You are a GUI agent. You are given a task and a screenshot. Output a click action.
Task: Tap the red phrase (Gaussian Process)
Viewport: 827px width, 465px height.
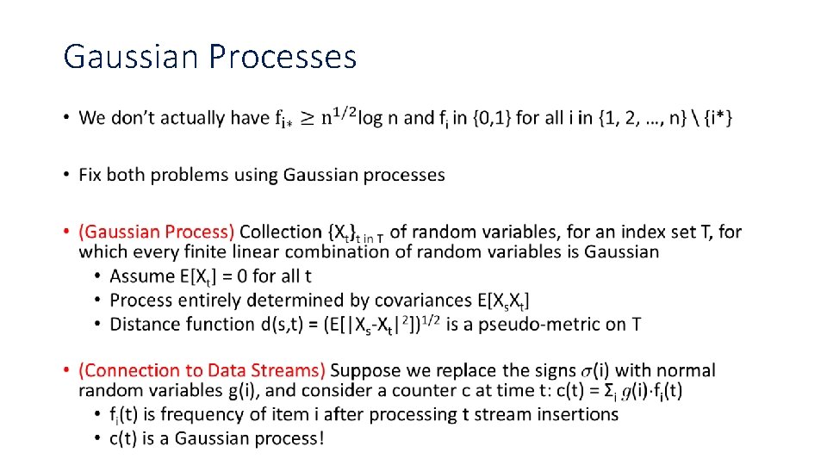coord(156,232)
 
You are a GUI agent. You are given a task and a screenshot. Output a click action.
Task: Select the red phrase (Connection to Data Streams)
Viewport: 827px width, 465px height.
coord(202,370)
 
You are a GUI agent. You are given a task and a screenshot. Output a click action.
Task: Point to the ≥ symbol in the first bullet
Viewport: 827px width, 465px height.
coord(308,118)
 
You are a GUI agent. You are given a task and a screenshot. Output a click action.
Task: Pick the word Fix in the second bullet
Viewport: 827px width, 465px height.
coord(92,175)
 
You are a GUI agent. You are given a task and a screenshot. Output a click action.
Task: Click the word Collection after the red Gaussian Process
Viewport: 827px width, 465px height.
coord(281,232)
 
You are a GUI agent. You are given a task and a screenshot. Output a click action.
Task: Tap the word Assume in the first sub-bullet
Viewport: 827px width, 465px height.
coord(141,276)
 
